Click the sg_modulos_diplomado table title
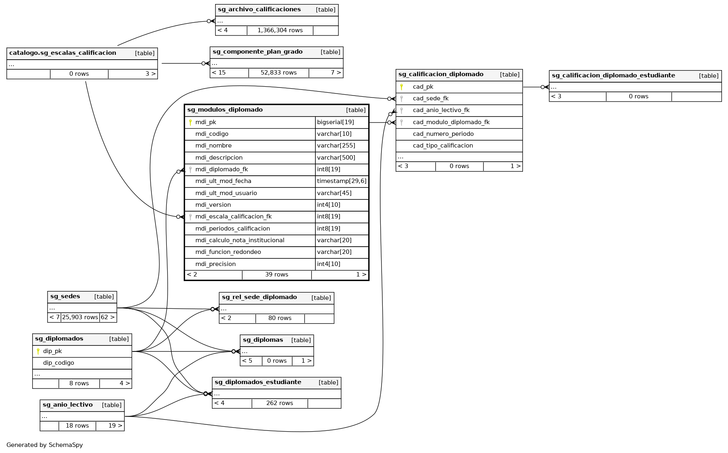225,110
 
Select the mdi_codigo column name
212,134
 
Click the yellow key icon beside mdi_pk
190,122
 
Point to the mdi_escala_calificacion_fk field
233,216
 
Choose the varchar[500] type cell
336,158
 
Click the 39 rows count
276,274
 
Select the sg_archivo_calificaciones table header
259,9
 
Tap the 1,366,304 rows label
280,30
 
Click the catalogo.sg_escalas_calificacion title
62,53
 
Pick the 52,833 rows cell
278,73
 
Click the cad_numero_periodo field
443,134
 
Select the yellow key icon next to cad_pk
401,87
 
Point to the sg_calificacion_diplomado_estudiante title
613,75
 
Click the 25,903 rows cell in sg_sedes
80,317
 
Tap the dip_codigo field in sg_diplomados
58,363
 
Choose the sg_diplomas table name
263,340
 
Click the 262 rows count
280,403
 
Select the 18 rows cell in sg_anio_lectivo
77,426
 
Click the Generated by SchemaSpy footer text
45,445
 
